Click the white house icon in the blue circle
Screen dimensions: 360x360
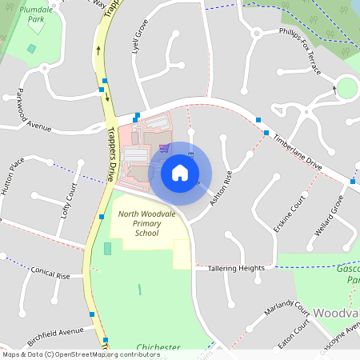[x=179, y=172]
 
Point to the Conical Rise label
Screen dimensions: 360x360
[x=50, y=273]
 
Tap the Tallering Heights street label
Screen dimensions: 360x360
[x=236, y=269]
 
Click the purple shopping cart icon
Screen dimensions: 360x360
[x=164, y=148]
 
